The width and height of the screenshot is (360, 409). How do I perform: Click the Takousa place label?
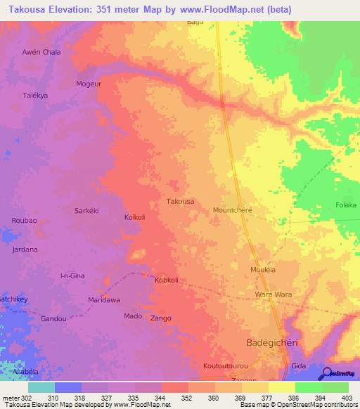[x=180, y=201]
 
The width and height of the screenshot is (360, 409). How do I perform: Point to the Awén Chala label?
[x=41, y=52]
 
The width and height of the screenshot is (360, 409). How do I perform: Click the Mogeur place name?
[x=89, y=84]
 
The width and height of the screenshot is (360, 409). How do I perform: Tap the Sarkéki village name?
[x=89, y=210]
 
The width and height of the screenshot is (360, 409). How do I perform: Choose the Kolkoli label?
[x=134, y=217]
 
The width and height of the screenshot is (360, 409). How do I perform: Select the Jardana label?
[x=25, y=249]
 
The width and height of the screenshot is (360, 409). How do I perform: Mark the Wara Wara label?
[x=273, y=294]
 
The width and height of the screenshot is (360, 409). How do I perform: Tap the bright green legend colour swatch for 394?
[x=308, y=387]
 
